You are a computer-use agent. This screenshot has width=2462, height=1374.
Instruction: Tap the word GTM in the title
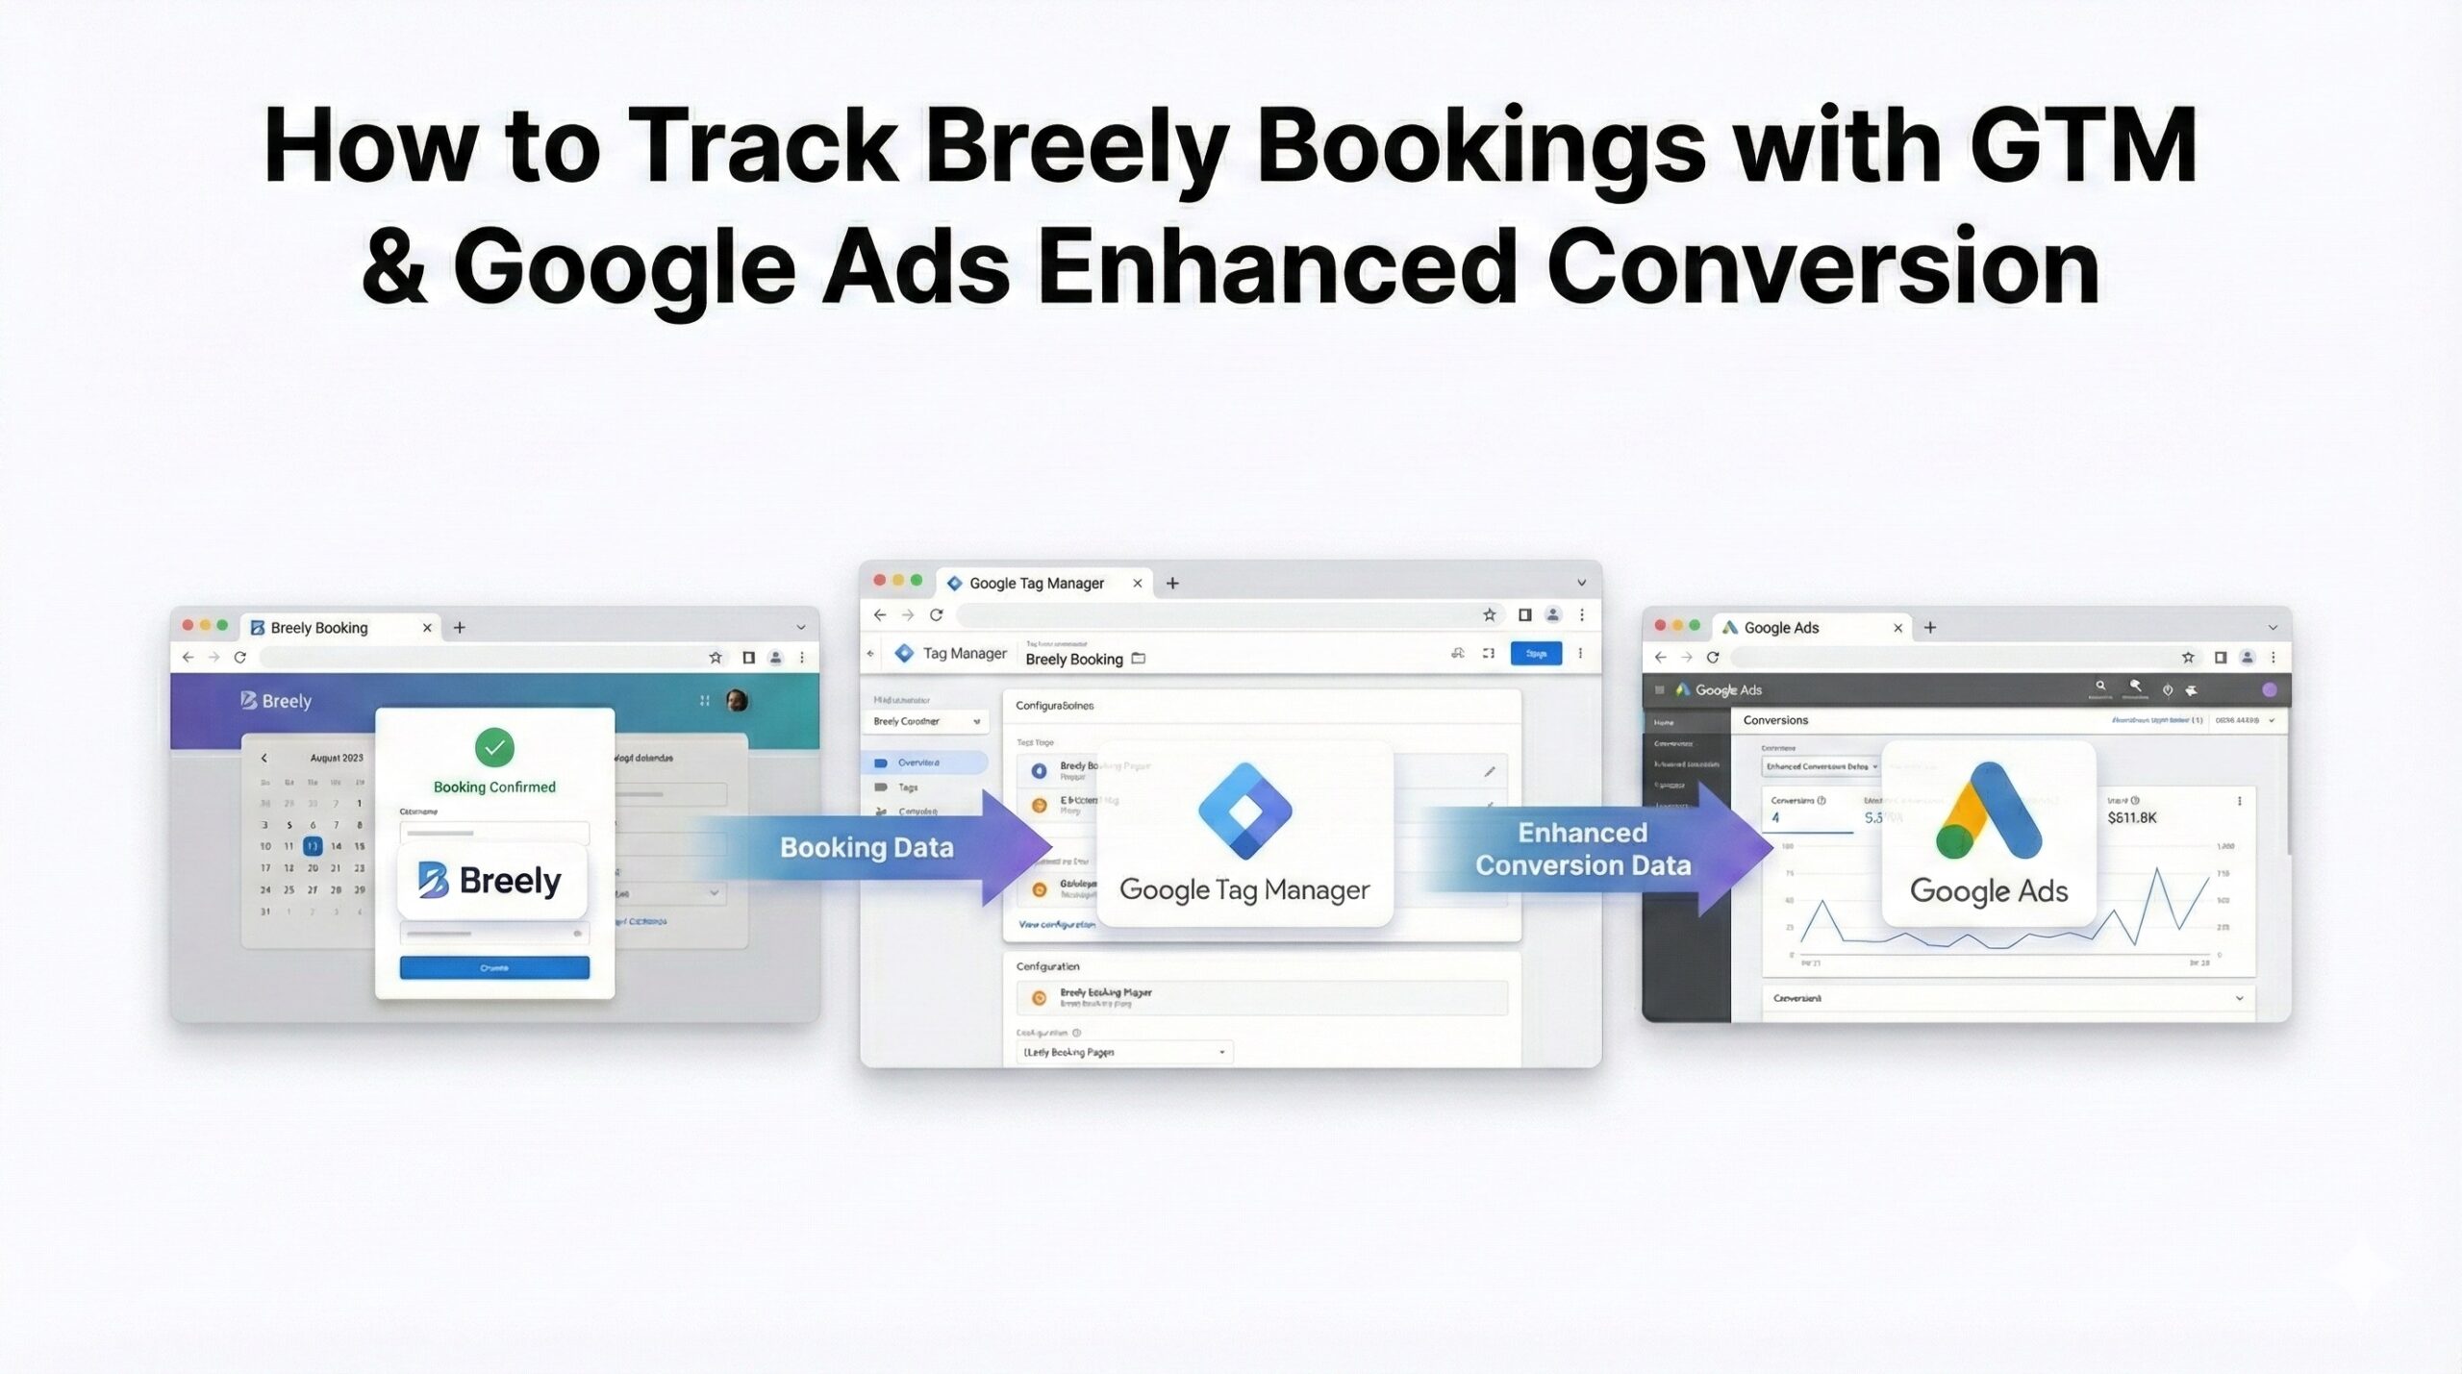tap(2083, 146)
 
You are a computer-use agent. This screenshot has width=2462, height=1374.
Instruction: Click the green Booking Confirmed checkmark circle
tap(494, 747)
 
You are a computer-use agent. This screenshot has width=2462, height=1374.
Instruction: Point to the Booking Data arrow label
tap(867, 847)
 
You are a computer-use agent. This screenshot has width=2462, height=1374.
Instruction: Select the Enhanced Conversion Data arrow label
tap(1583, 849)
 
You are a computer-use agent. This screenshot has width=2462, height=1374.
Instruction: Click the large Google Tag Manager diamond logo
tap(1245, 811)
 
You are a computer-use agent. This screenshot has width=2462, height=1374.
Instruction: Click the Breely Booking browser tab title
tap(319, 628)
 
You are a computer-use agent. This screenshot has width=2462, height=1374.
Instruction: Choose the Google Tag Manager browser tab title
tap(1036, 583)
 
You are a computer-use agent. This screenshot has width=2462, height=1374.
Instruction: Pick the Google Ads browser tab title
tap(1781, 628)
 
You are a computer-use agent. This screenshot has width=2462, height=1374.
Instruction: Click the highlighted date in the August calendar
tap(313, 846)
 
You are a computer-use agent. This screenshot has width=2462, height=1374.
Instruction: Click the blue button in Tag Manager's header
tap(1536, 654)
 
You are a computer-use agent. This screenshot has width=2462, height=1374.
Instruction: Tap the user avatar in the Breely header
tap(738, 700)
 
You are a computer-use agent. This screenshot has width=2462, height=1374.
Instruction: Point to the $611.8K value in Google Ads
tap(2132, 818)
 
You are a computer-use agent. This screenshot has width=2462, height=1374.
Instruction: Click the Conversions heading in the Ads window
tap(1775, 720)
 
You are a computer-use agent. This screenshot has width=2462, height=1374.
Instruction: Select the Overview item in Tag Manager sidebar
tap(918, 762)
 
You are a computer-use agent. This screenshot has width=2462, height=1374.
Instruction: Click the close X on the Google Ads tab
tap(1897, 628)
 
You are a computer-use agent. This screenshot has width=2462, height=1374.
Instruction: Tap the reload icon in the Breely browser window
tap(240, 658)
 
